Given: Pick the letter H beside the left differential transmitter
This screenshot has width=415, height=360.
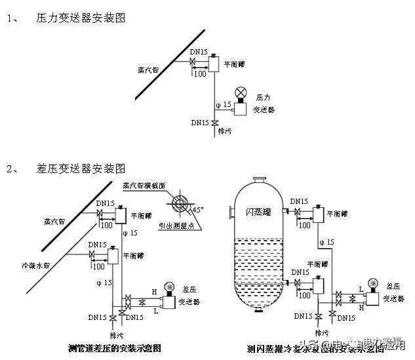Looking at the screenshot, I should point(154,291).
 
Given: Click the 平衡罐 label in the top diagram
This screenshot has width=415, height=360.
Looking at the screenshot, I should point(234,64).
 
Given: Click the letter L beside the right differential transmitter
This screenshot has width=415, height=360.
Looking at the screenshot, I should point(362,289).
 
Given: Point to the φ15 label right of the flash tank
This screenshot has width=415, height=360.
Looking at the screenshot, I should point(326,243).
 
